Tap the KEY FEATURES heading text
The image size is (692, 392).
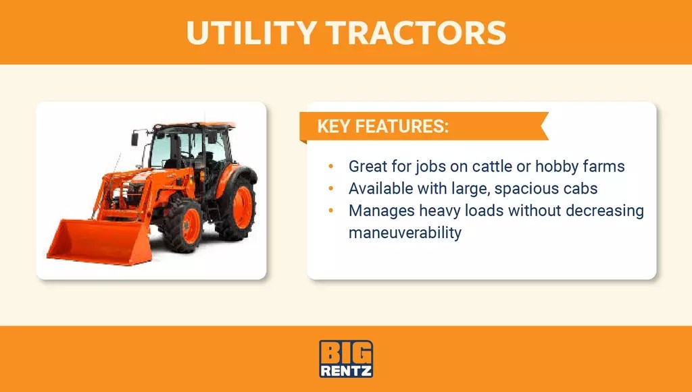point(382,127)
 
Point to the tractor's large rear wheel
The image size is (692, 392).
point(237,206)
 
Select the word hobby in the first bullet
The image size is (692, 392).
point(558,166)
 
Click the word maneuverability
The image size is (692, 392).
point(405,233)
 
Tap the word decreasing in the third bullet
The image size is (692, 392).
point(603,211)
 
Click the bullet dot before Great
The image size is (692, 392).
point(330,166)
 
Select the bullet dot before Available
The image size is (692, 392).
point(330,188)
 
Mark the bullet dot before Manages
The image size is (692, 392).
point(330,211)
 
